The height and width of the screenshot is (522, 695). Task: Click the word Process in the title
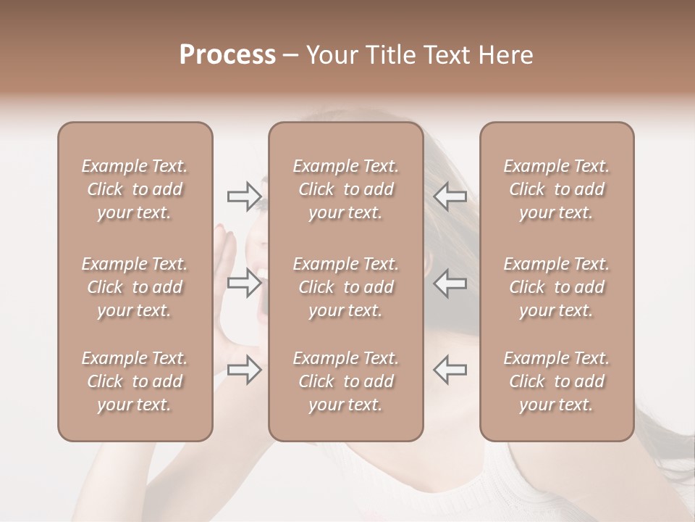click(227, 55)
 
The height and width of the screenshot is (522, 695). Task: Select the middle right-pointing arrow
click(244, 282)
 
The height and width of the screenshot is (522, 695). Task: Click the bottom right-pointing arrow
click(244, 370)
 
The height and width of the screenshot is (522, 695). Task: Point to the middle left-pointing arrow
click(450, 282)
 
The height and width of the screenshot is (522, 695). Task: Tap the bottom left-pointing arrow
click(450, 370)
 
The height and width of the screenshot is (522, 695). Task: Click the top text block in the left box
click(135, 189)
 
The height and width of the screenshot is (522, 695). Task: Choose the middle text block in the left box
click(135, 287)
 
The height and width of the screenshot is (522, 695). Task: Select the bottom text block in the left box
click(135, 381)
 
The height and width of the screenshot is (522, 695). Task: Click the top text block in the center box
click(345, 189)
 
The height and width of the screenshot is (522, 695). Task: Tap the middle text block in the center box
click(345, 287)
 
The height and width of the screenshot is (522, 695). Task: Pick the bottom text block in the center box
click(345, 381)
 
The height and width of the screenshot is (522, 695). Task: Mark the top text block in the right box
click(556, 189)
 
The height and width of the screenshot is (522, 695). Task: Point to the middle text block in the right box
click(556, 287)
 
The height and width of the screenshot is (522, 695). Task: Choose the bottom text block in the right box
click(556, 381)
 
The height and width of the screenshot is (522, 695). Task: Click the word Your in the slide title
click(334, 55)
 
